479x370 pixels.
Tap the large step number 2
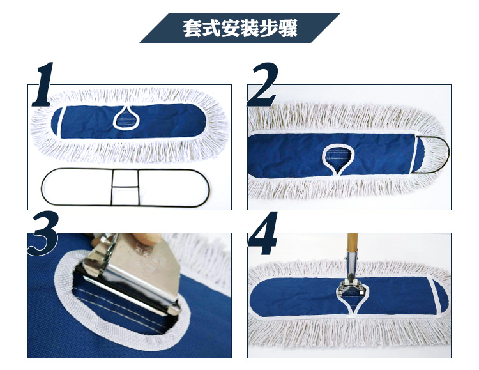point(263,85)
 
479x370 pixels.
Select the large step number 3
point(43,233)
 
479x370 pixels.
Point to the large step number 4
point(262,233)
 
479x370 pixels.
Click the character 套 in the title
point(192,29)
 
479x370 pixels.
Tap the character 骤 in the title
point(288,29)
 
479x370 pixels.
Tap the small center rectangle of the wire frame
point(125,178)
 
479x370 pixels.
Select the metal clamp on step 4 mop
point(351,285)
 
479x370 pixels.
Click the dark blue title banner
point(240,28)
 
